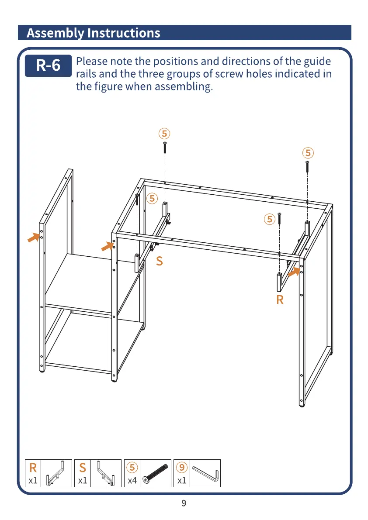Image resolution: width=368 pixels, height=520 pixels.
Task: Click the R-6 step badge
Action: click(x=48, y=65)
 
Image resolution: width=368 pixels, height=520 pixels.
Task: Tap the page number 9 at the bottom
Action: click(x=184, y=503)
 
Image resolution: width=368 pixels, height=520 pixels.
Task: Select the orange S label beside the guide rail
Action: click(x=160, y=262)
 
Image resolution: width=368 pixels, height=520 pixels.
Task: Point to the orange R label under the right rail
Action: click(x=280, y=300)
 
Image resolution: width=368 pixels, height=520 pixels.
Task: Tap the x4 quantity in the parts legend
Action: click(x=132, y=481)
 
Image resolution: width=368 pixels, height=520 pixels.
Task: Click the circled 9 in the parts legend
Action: click(x=182, y=468)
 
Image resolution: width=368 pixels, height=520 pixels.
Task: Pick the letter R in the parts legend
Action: click(x=33, y=468)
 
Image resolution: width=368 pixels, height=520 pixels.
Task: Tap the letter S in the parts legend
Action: click(x=83, y=468)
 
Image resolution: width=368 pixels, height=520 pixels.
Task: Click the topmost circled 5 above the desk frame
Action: click(x=164, y=133)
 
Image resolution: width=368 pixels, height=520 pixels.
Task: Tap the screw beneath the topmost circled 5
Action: click(x=165, y=147)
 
